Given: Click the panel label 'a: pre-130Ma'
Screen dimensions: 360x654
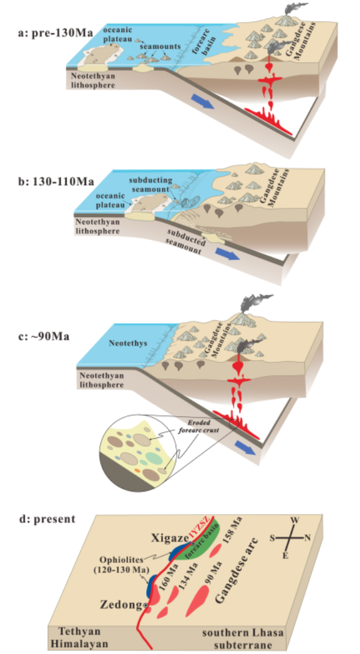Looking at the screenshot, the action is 55,33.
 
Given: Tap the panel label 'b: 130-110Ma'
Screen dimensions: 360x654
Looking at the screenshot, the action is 56,182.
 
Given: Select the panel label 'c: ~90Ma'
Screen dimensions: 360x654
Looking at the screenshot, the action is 43,336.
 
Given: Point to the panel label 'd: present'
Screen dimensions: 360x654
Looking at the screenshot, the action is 48,519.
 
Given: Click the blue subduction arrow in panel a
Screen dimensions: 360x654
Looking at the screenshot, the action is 203,102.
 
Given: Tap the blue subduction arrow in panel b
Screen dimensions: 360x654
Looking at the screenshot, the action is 228,253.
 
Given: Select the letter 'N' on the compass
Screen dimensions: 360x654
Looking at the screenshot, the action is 307,538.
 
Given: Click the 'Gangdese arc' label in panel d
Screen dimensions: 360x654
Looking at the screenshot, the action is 238,571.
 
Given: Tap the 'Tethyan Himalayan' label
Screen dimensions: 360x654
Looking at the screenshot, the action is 80,638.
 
